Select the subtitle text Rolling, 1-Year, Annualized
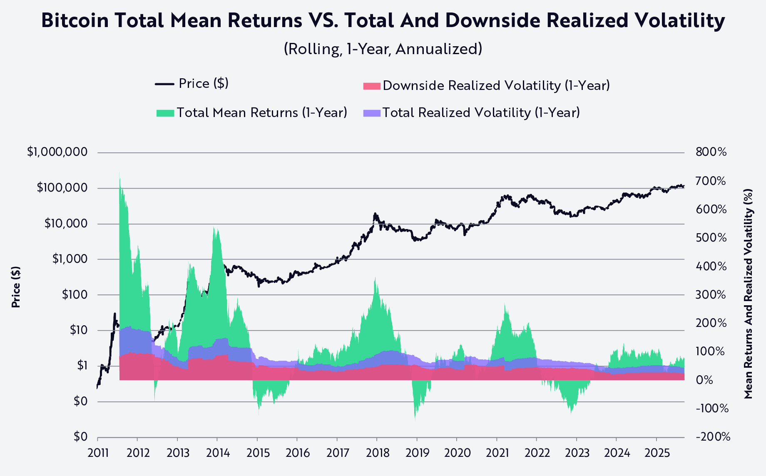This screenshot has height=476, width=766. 383,49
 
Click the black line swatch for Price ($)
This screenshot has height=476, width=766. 164,84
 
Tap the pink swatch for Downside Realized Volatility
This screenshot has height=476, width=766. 372,86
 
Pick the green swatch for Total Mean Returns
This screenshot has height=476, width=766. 165,113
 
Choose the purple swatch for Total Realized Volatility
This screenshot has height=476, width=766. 372,113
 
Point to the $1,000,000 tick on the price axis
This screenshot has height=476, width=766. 57,152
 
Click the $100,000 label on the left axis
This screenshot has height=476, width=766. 62,188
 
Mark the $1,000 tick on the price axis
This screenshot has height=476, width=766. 70,259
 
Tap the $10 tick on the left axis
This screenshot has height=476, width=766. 79,331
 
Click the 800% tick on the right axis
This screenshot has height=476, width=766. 711,152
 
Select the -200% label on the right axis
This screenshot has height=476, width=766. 713,437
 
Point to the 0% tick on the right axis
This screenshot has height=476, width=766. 704,380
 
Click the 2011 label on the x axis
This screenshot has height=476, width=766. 98,453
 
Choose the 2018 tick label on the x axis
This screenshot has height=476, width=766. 378,453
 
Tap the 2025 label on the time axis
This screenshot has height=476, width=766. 657,453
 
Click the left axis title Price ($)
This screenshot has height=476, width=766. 16,287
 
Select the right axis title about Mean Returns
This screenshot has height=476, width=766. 749,294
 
